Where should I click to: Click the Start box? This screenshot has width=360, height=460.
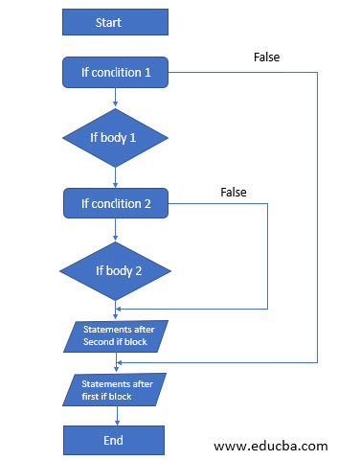(115, 22)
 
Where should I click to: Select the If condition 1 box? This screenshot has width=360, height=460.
(115, 71)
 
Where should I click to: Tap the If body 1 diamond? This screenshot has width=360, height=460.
(115, 136)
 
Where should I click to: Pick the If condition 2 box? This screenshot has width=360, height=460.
(115, 202)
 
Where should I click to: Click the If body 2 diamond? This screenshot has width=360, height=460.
(115, 269)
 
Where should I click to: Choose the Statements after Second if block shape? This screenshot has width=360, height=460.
(115, 336)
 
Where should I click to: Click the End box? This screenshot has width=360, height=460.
(115, 440)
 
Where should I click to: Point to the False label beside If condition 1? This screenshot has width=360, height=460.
(267, 57)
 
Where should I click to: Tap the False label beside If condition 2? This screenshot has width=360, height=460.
(234, 192)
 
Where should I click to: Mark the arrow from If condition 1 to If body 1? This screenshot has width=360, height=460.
(115, 94)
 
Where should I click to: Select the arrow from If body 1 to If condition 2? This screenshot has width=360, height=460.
(115, 177)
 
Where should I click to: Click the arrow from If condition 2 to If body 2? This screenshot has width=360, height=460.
(115, 226)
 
